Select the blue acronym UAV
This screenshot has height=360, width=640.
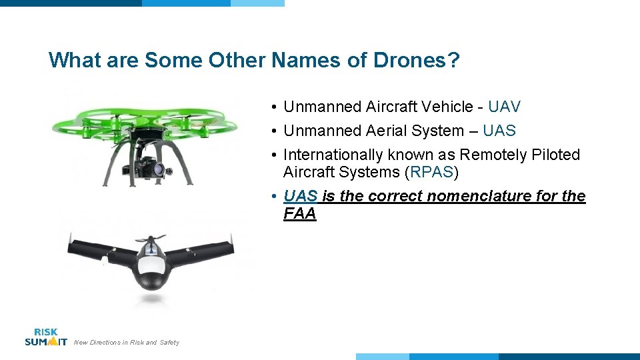coord(504,107)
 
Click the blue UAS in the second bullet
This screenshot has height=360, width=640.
coord(499,131)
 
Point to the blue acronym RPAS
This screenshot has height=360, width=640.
coord(432,172)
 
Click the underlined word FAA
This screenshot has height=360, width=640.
coord(299,214)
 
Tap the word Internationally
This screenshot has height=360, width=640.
coord(333,155)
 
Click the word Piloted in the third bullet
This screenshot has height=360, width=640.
coord(556,155)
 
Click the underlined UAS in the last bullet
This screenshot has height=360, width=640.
coord(300,196)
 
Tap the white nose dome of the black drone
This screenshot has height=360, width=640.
coord(153,266)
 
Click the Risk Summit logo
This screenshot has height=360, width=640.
coord(45,337)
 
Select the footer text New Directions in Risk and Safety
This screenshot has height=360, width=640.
coord(126,343)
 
